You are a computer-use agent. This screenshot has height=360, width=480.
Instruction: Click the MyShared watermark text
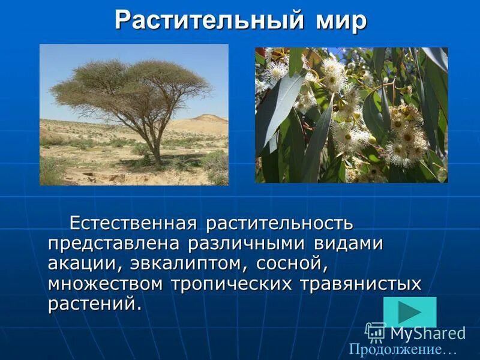(x=427, y=333)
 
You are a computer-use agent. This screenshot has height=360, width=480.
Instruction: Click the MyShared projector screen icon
(x=376, y=332)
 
